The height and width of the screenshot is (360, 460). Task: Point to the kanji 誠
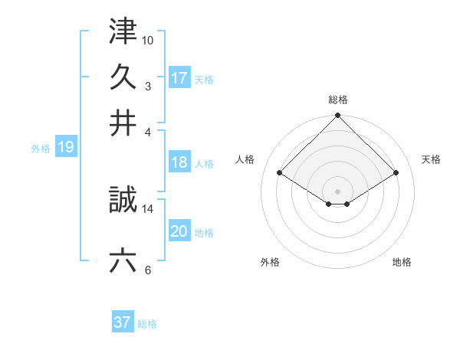pyautogui.click(x=123, y=201)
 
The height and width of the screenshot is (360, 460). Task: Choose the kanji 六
pyautogui.click(x=123, y=260)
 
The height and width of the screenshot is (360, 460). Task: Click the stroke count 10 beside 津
pyautogui.click(x=148, y=39)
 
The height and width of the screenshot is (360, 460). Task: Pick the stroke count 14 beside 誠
pyautogui.click(x=148, y=208)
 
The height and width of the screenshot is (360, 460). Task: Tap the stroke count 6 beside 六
pyautogui.click(x=148, y=269)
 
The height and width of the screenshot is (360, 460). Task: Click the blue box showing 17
pyautogui.click(x=179, y=77)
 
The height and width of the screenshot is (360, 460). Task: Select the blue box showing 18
pyautogui.click(x=179, y=162)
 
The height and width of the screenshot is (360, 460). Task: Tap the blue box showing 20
pyautogui.click(x=179, y=231)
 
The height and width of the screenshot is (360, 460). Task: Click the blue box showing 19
pyautogui.click(x=66, y=147)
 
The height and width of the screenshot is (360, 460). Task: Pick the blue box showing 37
pyautogui.click(x=123, y=322)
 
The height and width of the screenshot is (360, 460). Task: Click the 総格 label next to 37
pyautogui.click(x=147, y=324)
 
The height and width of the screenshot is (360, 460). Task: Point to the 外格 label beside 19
pyautogui.click(x=41, y=149)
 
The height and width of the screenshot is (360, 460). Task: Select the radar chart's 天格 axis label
pyautogui.click(x=432, y=159)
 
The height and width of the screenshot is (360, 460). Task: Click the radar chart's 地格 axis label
pyautogui.click(x=402, y=262)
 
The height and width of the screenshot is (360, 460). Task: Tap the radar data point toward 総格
pyautogui.click(x=337, y=116)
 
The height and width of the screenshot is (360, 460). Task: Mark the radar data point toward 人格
pyautogui.click(x=280, y=173)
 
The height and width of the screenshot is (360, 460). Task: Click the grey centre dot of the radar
pyautogui.click(x=337, y=191)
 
